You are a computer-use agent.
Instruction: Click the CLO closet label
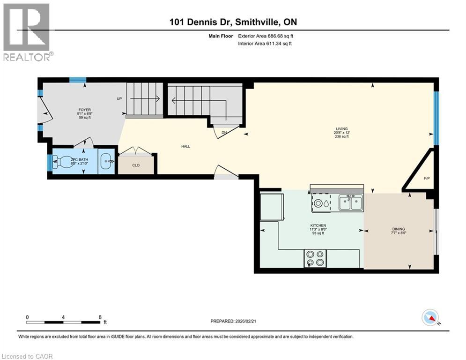[136, 165]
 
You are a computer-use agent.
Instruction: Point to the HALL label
[185, 146]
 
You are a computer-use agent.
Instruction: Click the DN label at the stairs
[224, 133]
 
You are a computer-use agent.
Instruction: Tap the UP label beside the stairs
[119, 99]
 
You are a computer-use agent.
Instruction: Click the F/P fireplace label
[426, 179]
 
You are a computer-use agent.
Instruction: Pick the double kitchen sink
[351, 203]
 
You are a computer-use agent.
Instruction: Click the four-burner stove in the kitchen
[315, 258]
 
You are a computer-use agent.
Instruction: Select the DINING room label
[398, 229]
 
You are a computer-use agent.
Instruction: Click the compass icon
[429, 317]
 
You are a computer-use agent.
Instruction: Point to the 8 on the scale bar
[100, 317]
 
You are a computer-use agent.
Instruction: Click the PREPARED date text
[234, 321]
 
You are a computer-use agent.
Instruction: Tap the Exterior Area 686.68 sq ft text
[266, 36]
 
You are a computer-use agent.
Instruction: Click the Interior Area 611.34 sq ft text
[266, 44]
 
